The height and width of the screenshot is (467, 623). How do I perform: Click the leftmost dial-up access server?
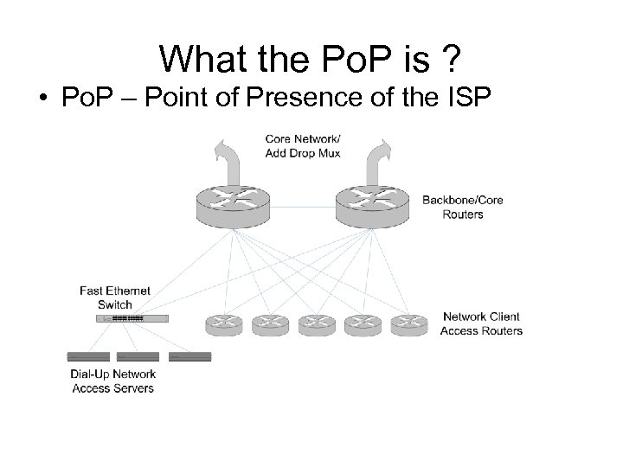click(88, 356)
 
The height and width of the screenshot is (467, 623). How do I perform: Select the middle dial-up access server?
click(138, 356)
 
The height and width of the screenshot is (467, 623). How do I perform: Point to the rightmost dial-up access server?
click(190, 356)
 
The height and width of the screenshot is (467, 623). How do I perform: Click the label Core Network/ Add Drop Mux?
click(303, 145)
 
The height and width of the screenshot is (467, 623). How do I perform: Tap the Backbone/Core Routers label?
click(462, 207)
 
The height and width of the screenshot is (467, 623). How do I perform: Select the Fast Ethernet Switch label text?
click(115, 297)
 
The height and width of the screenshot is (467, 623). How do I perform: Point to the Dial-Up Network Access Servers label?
click(113, 381)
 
